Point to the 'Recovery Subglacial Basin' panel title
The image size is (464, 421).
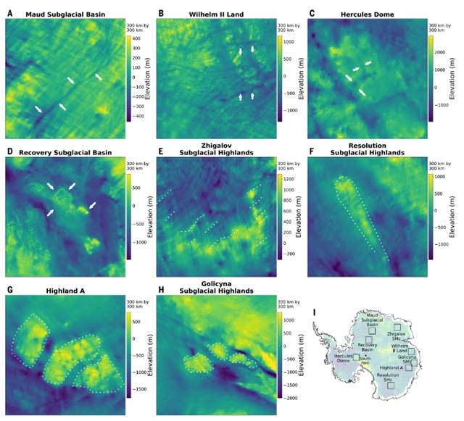coord(68,152)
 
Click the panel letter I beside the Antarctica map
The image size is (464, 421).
coord(312,312)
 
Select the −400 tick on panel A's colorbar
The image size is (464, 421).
coord(138,115)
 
